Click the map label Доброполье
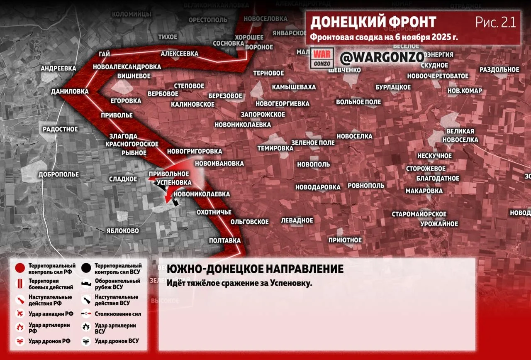click(x=58, y=174)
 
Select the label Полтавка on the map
click(x=225, y=240)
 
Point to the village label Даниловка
click(x=70, y=91)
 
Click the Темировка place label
click(x=275, y=148)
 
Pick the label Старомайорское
click(x=419, y=214)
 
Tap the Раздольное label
click(x=499, y=69)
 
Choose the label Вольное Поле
click(x=358, y=102)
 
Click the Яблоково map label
click(x=122, y=230)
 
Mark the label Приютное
click(x=345, y=240)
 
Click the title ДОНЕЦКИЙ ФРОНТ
click(x=373, y=22)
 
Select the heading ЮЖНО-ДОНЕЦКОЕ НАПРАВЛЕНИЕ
click(x=255, y=269)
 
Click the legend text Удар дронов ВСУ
click(x=117, y=341)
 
